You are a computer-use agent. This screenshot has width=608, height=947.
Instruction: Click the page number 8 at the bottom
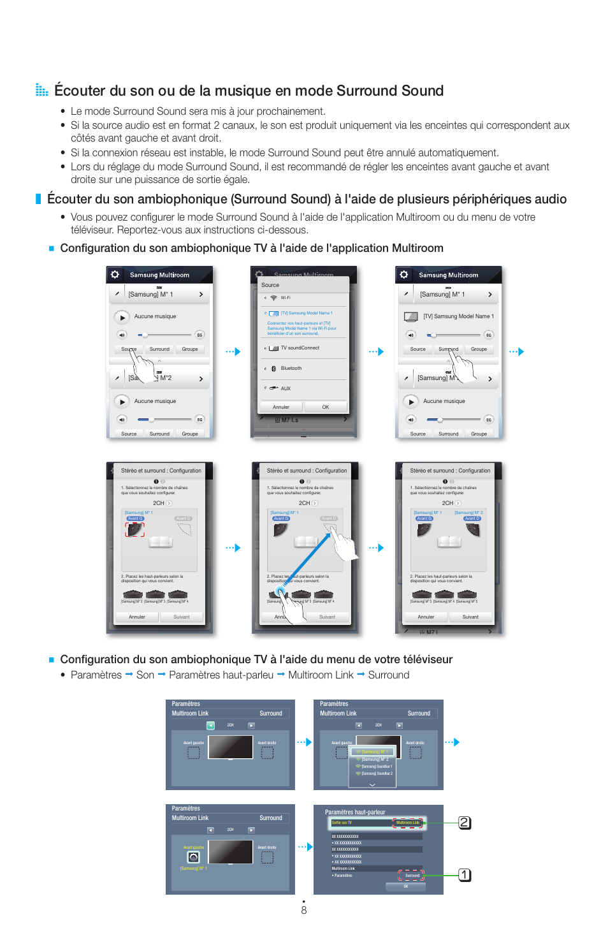[x=304, y=910]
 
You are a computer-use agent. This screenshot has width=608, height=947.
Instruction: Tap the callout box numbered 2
[x=465, y=823]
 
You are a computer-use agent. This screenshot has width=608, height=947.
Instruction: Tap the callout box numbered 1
[x=465, y=875]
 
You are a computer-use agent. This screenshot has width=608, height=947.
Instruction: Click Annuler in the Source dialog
[x=281, y=407]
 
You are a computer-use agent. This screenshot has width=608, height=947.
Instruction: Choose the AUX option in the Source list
[x=285, y=388]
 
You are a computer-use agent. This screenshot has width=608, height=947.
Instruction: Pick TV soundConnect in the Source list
[x=300, y=348]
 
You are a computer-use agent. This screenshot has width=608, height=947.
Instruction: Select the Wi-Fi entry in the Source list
[x=285, y=298]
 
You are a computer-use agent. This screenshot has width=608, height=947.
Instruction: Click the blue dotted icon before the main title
[x=41, y=91]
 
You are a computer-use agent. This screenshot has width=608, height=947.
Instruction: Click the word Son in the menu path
[x=145, y=675]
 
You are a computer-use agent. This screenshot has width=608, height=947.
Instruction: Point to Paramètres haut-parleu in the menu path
[x=221, y=675]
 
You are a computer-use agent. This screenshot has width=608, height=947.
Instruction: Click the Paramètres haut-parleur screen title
[x=355, y=812]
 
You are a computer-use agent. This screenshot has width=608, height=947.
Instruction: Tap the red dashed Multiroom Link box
[x=408, y=823]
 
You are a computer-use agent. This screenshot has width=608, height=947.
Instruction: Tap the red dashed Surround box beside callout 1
[x=412, y=875]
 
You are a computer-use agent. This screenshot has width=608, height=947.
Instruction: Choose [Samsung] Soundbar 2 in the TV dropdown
[x=376, y=774]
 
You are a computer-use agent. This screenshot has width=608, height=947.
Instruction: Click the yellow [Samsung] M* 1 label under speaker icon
[x=193, y=868]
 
